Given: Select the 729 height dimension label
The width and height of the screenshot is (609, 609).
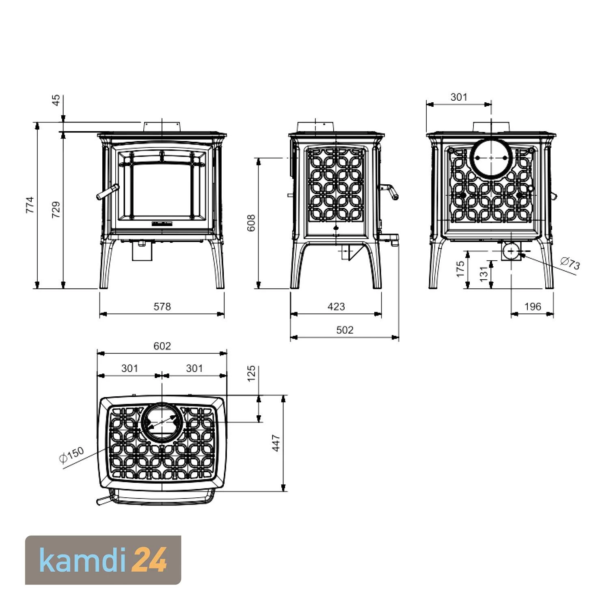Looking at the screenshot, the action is (x=56, y=209).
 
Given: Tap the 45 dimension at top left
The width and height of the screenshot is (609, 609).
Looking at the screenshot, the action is (x=56, y=100).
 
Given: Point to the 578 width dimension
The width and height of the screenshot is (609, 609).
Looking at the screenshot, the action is (x=162, y=307).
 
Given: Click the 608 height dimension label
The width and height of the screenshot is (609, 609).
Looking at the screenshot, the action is (x=251, y=223).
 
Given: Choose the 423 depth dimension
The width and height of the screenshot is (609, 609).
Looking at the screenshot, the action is (x=336, y=307).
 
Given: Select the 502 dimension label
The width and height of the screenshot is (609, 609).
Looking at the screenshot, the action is (x=345, y=330).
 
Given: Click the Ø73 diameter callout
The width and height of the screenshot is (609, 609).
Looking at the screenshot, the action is (x=570, y=264).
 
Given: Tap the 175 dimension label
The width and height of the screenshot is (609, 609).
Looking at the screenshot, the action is (x=460, y=269).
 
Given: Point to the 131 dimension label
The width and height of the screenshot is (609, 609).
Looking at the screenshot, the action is (x=483, y=274).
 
